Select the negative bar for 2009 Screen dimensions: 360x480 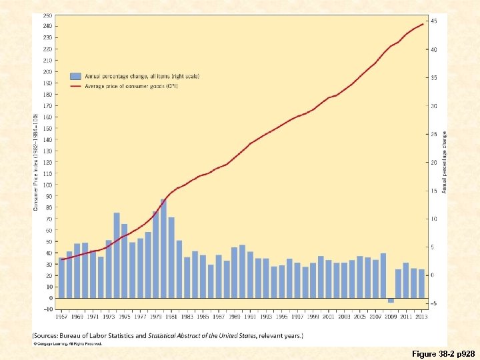point(391,300)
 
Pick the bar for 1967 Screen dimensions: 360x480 point(61,277)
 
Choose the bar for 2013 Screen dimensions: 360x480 point(421,283)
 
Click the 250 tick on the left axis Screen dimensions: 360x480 point(49,15)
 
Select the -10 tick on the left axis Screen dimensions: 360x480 point(49,309)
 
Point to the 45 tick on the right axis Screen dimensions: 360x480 point(433,21)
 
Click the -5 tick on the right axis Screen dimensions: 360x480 point(433,303)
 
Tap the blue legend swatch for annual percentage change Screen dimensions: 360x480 point(76,76)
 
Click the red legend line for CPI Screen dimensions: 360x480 point(76,86)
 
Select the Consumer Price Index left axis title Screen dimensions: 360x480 point(36,162)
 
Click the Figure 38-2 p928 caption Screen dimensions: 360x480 point(444,353)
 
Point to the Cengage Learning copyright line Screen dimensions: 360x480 point(67,344)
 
